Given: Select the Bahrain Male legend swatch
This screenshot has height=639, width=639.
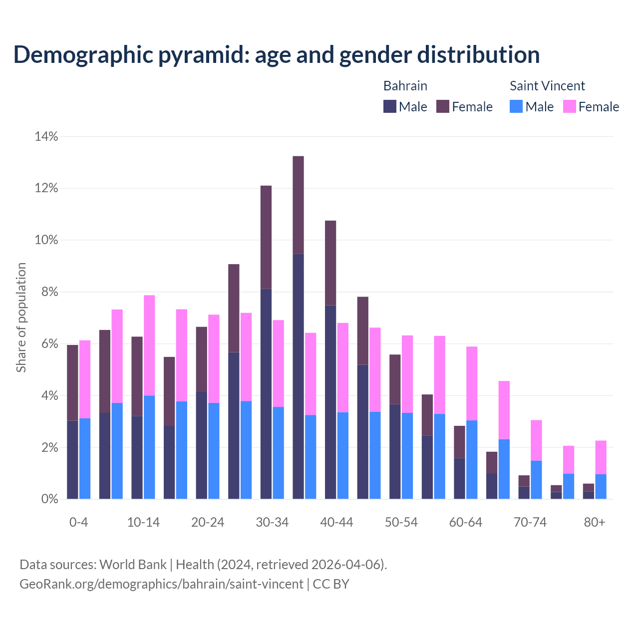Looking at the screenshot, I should pos(390,106).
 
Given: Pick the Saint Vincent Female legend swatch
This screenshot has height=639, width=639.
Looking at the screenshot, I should pos(570,106).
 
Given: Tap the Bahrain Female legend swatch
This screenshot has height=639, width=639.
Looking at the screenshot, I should pos(443,106).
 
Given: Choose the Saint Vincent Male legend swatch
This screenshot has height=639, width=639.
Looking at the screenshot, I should pos(516,106).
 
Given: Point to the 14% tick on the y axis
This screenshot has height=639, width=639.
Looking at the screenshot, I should pos(46,136).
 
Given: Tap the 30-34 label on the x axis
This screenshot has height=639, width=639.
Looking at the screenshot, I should pos(272,522).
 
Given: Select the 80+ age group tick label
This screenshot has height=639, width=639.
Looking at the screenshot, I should pos(595,522).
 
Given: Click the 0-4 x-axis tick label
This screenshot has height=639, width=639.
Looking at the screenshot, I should pos(79,522).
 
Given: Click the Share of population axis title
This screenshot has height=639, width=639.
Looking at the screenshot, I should pos(21,318).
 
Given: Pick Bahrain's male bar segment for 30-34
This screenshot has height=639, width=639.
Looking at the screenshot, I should pos(266,394).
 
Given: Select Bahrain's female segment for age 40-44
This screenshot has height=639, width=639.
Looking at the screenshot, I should pos(330,263).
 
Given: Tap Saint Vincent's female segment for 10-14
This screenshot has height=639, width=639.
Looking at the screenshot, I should pos(149,345).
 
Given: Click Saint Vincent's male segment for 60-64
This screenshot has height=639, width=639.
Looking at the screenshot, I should pos(472,459).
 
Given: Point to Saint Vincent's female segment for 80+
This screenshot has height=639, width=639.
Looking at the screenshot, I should pos(601,457).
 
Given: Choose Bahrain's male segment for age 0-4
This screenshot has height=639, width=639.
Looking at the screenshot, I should pos(72,459).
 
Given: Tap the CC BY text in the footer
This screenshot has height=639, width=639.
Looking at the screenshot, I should pos(331,584).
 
